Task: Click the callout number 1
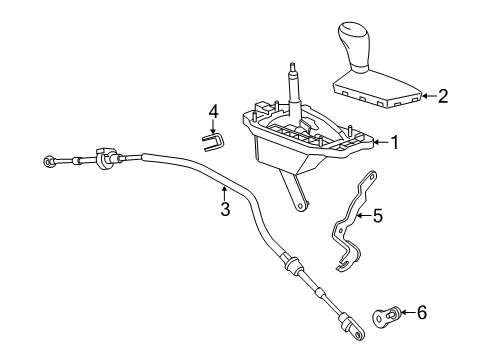pyautogui.click(x=394, y=143)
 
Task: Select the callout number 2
pyautogui.click(x=442, y=96)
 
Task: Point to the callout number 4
pyautogui.click(x=212, y=110)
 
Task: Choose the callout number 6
pyautogui.click(x=421, y=313)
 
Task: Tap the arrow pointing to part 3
pyautogui.click(x=225, y=189)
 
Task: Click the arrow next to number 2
pyautogui.click(x=426, y=96)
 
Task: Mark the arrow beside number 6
pyautogui.click(x=405, y=313)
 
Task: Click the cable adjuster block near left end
pyautogui.click(x=103, y=158)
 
